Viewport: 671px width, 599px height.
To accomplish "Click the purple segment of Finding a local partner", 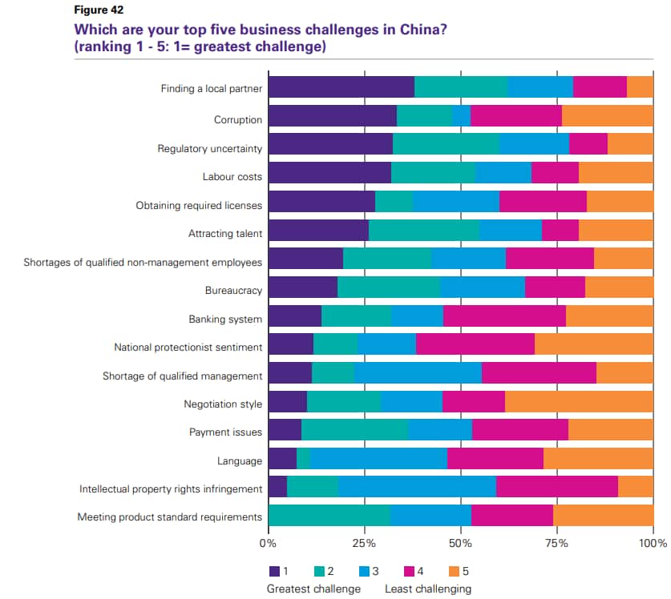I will (341, 87).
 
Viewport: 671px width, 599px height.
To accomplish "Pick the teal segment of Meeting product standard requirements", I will (329, 516).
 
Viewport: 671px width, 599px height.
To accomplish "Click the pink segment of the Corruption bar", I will (515, 116).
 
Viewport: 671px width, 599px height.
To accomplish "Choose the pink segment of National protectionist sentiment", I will (475, 344).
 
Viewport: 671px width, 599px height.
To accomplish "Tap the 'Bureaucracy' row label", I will (233, 291).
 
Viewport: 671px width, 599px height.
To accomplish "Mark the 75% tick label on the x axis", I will (556, 543).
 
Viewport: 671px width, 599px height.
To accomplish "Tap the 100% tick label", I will (653, 543).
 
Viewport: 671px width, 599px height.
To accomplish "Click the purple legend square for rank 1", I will (274, 572).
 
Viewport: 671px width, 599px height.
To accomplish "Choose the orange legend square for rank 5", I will (452, 572).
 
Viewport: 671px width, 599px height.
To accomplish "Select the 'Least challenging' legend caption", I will (427, 589).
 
